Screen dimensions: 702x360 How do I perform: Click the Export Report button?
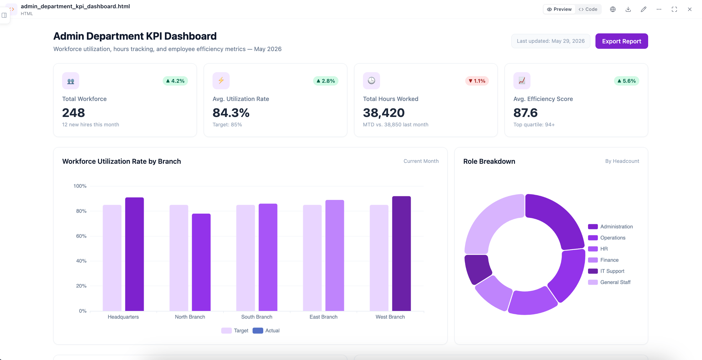[621, 41]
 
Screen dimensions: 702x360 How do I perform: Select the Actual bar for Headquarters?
[134, 254]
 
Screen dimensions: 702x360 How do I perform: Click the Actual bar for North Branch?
[201, 262]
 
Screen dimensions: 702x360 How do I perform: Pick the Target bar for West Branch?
[379, 258]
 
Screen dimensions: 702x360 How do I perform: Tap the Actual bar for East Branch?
[335, 255]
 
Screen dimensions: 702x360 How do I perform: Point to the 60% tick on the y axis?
[81, 236]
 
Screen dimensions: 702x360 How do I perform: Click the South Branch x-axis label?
[257, 317]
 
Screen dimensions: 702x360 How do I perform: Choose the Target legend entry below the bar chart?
[235, 331]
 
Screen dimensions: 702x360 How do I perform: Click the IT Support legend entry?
[606, 271]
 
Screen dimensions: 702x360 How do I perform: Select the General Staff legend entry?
[609, 282]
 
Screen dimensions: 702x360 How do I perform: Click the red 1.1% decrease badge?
[477, 81]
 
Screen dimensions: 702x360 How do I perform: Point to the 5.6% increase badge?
[627, 81]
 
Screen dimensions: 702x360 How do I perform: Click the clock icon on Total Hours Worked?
[372, 81]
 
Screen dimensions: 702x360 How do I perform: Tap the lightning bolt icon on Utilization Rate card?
[221, 81]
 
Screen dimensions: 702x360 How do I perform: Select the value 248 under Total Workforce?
[74, 113]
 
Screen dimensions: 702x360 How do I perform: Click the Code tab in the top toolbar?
[588, 9]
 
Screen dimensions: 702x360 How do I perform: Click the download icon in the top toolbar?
[628, 9]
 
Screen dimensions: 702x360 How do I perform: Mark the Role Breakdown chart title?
[489, 161]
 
